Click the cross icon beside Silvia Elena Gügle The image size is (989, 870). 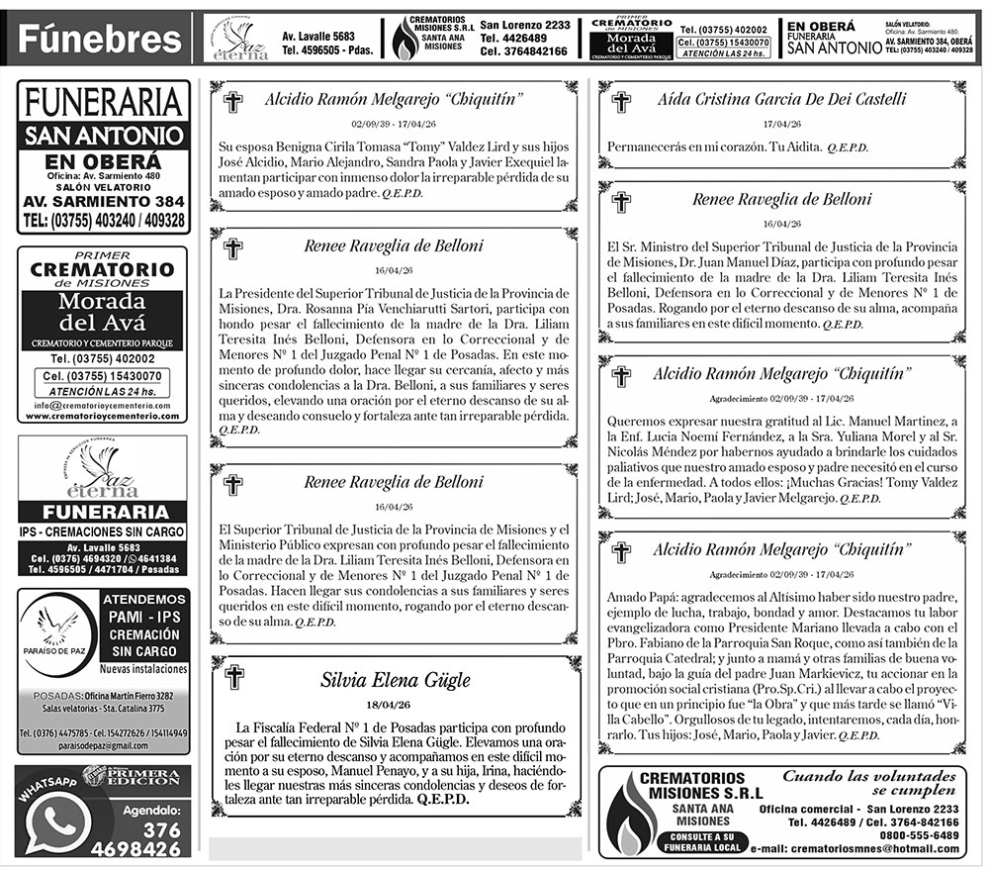point(233,678)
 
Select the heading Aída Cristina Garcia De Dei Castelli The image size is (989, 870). point(781,99)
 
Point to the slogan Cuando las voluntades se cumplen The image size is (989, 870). point(871,783)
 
